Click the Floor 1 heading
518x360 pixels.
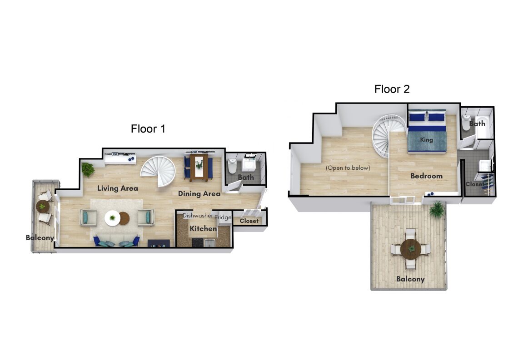tap(148, 128)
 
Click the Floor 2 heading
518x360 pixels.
tap(392, 89)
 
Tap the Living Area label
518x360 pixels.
tap(118, 188)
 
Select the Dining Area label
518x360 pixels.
tap(199, 194)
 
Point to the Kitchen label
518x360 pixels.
tap(203, 228)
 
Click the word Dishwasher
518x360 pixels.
tap(198, 216)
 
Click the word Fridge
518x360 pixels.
tap(223, 217)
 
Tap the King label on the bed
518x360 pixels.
tap(427, 139)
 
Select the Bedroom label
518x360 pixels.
tap(427, 176)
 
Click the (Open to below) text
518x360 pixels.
tap(348, 168)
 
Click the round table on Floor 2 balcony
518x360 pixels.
tap(411, 248)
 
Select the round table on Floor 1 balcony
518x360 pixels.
tap(43, 206)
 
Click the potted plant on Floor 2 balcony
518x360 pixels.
tap(437, 209)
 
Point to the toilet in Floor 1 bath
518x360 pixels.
tap(232, 166)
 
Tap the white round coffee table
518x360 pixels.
tap(112, 218)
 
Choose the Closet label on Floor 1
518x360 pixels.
tap(249, 221)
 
